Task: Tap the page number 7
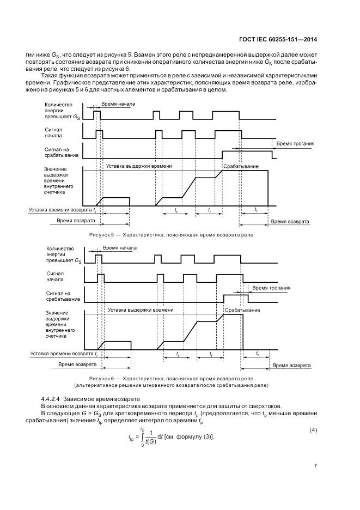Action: click(316, 465)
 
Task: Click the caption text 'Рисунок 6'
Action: click(102, 378)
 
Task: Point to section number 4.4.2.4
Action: click(53, 398)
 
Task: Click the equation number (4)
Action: click(313, 431)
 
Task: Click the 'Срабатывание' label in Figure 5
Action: click(240, 166)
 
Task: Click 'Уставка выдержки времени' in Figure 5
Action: click(139, 166)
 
